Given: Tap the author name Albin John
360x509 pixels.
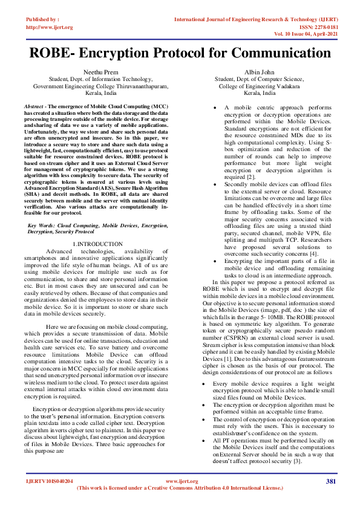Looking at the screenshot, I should click(260, 71).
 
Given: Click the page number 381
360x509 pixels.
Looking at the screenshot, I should click(330, 481).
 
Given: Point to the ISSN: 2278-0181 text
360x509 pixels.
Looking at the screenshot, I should click(320, 27).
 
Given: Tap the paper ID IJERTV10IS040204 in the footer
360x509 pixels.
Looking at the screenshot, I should click(49, 481).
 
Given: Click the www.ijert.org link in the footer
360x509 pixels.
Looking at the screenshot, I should click(180, 481).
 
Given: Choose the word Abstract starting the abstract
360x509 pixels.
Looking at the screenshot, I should click(38, 106).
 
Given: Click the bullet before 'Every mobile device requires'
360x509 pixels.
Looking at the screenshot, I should click(206, 384).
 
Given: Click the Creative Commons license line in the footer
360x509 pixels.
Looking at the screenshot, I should click(180, 487).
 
